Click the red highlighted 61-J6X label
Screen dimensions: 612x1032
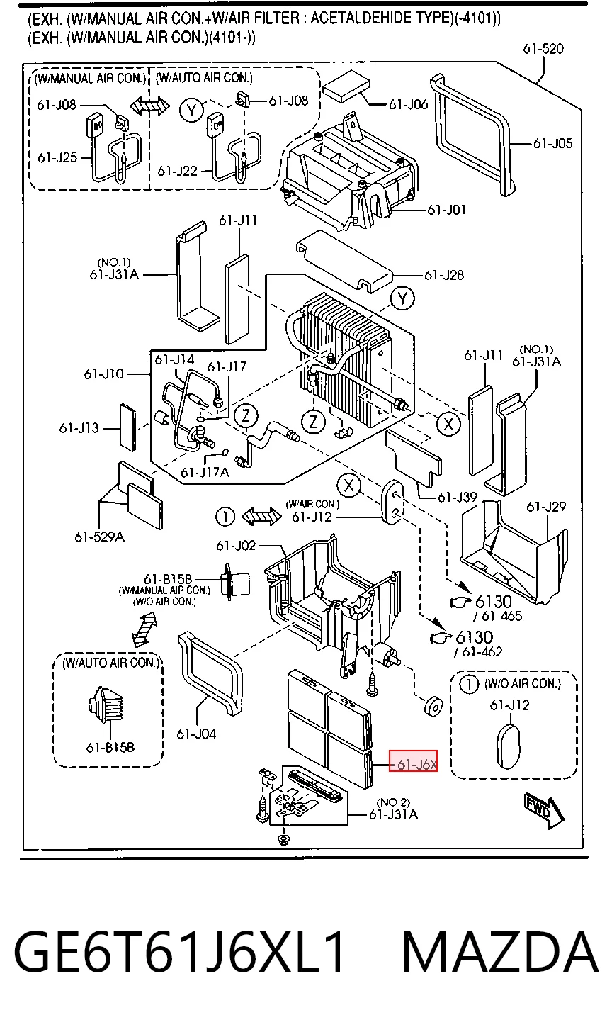click(x=413, y=764)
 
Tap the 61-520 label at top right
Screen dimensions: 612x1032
click(x=543, y=49)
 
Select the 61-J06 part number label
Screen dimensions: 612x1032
click(x=409, y=105)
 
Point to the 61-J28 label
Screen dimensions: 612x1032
click(x=444, y=275)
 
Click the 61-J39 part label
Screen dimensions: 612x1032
click(x=458, y=497)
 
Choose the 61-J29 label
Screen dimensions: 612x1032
click(x=546, y=507)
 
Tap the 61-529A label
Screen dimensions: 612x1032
click(x=99, y=537)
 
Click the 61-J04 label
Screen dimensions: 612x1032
click(x=197, y=734)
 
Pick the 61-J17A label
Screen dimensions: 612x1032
click(x=205, y=472)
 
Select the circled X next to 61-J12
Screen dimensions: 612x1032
click(x=349, y=485)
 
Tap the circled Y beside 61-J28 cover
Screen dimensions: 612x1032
click(x=402, y=298)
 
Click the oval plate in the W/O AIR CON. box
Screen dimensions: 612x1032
click(x=509, y=746)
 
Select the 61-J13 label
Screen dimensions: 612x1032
click(x=79, y=428)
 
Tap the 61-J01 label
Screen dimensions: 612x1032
click(x=447, y=210)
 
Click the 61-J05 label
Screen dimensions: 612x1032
click(x=553, y=143)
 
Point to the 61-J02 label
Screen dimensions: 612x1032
click(x=236, y=546)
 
